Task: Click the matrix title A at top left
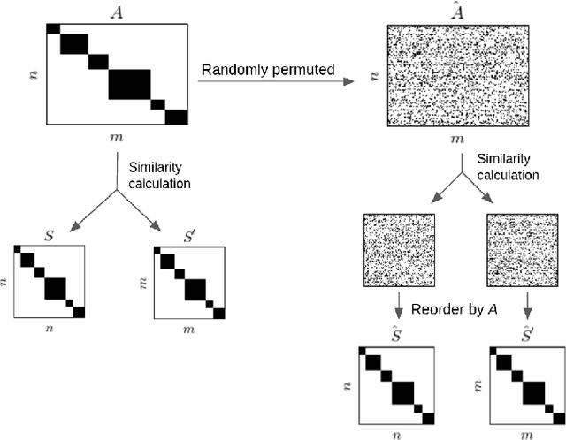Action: click(118, 11)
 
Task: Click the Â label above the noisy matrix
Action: click(456, 11)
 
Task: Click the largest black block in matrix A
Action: click(130, 83)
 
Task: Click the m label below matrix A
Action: click(118, 139)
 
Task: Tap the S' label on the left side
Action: click(187, 236)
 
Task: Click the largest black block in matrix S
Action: click(56, 288)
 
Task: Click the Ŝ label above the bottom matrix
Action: click(396, 336)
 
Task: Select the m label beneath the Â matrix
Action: click(456, 139)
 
